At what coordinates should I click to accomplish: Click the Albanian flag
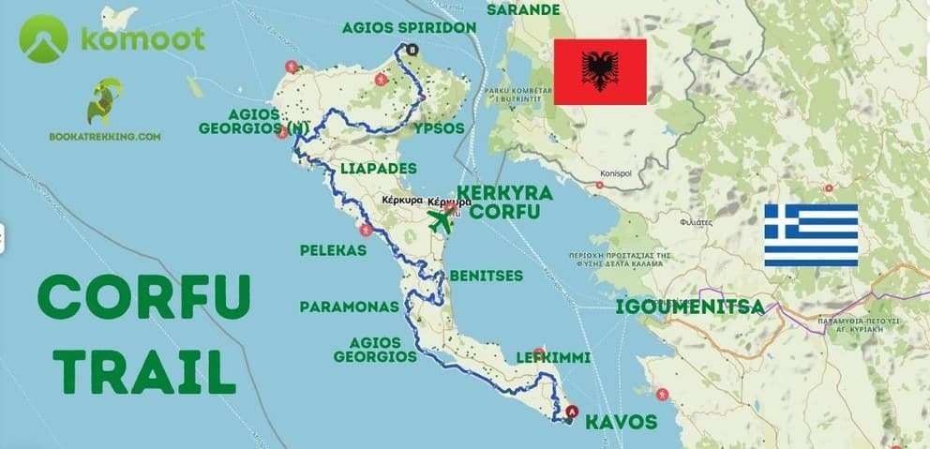[600, 72]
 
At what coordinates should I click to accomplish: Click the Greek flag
[811, 235]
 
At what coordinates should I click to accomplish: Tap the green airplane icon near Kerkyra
[440, 221]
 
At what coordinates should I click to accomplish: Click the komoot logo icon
[43, 38]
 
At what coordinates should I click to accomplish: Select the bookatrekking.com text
[105, 136]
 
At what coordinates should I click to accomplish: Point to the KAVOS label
[621, 422]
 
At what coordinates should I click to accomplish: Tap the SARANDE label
[523, 10]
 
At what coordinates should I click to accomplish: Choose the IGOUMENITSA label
[689, 307]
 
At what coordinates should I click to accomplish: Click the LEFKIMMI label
[553, 358]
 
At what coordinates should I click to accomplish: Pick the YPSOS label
[439, 127]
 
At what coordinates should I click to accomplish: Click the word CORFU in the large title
[143, 299]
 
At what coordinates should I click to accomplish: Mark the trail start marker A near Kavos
[574, 411]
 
